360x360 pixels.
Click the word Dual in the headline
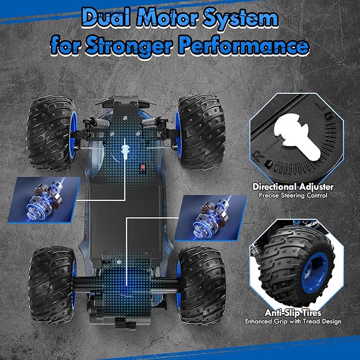click(x=106, y=17)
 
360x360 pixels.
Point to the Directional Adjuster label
click(x=293, y=187)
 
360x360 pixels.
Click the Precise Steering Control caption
click(x=293, y=196)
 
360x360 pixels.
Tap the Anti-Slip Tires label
click(x=293, y=313)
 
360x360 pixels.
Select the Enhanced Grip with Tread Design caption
click(x=293, y=321)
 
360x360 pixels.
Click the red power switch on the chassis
click(x=143, y=167)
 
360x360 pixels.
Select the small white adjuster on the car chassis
click(x=125, y=151)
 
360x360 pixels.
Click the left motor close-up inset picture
click(x=44, y=200)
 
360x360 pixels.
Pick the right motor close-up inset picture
click(x=211, y=218)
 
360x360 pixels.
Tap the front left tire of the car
click(x=51, y=133)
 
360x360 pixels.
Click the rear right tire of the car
click(x=202, y=285)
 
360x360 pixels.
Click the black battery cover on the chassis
click(x=125, y=221)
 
